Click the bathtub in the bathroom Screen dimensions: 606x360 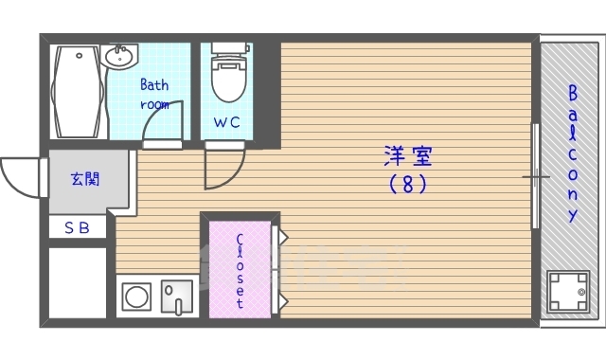pyautogui.click(x=79, y=92)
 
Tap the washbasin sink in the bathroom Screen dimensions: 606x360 pyautogui.click(x=120, y=57)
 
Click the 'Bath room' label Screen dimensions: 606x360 pyautogui.click(x=154, y=95)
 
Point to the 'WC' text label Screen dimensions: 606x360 pyautogui.click(x=227, y=122)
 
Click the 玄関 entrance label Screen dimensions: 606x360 pyautogui.click(x=85, y=179)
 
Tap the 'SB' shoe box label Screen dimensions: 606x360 pyautogui.click(x=78, y=227)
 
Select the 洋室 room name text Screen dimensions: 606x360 pyautogui.click(x=408, y=155)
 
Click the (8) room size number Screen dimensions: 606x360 pyautogui.click(x=408, y=184)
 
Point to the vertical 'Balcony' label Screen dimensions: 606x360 pyautogui.click(x=573, y=153)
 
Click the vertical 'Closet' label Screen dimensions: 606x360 pyautogui.click(x=240, y=271)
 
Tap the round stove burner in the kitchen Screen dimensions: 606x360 pyautogui.click(x=136, y=297)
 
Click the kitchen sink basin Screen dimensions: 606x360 pyautogui.click(x=177, y=297)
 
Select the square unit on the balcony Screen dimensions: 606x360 pyautogui.click(x=568, y=291)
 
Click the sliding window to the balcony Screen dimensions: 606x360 pyautogui.click(x=536, y=176)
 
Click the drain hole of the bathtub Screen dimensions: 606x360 pyautogui.click(x=80, y=56)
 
